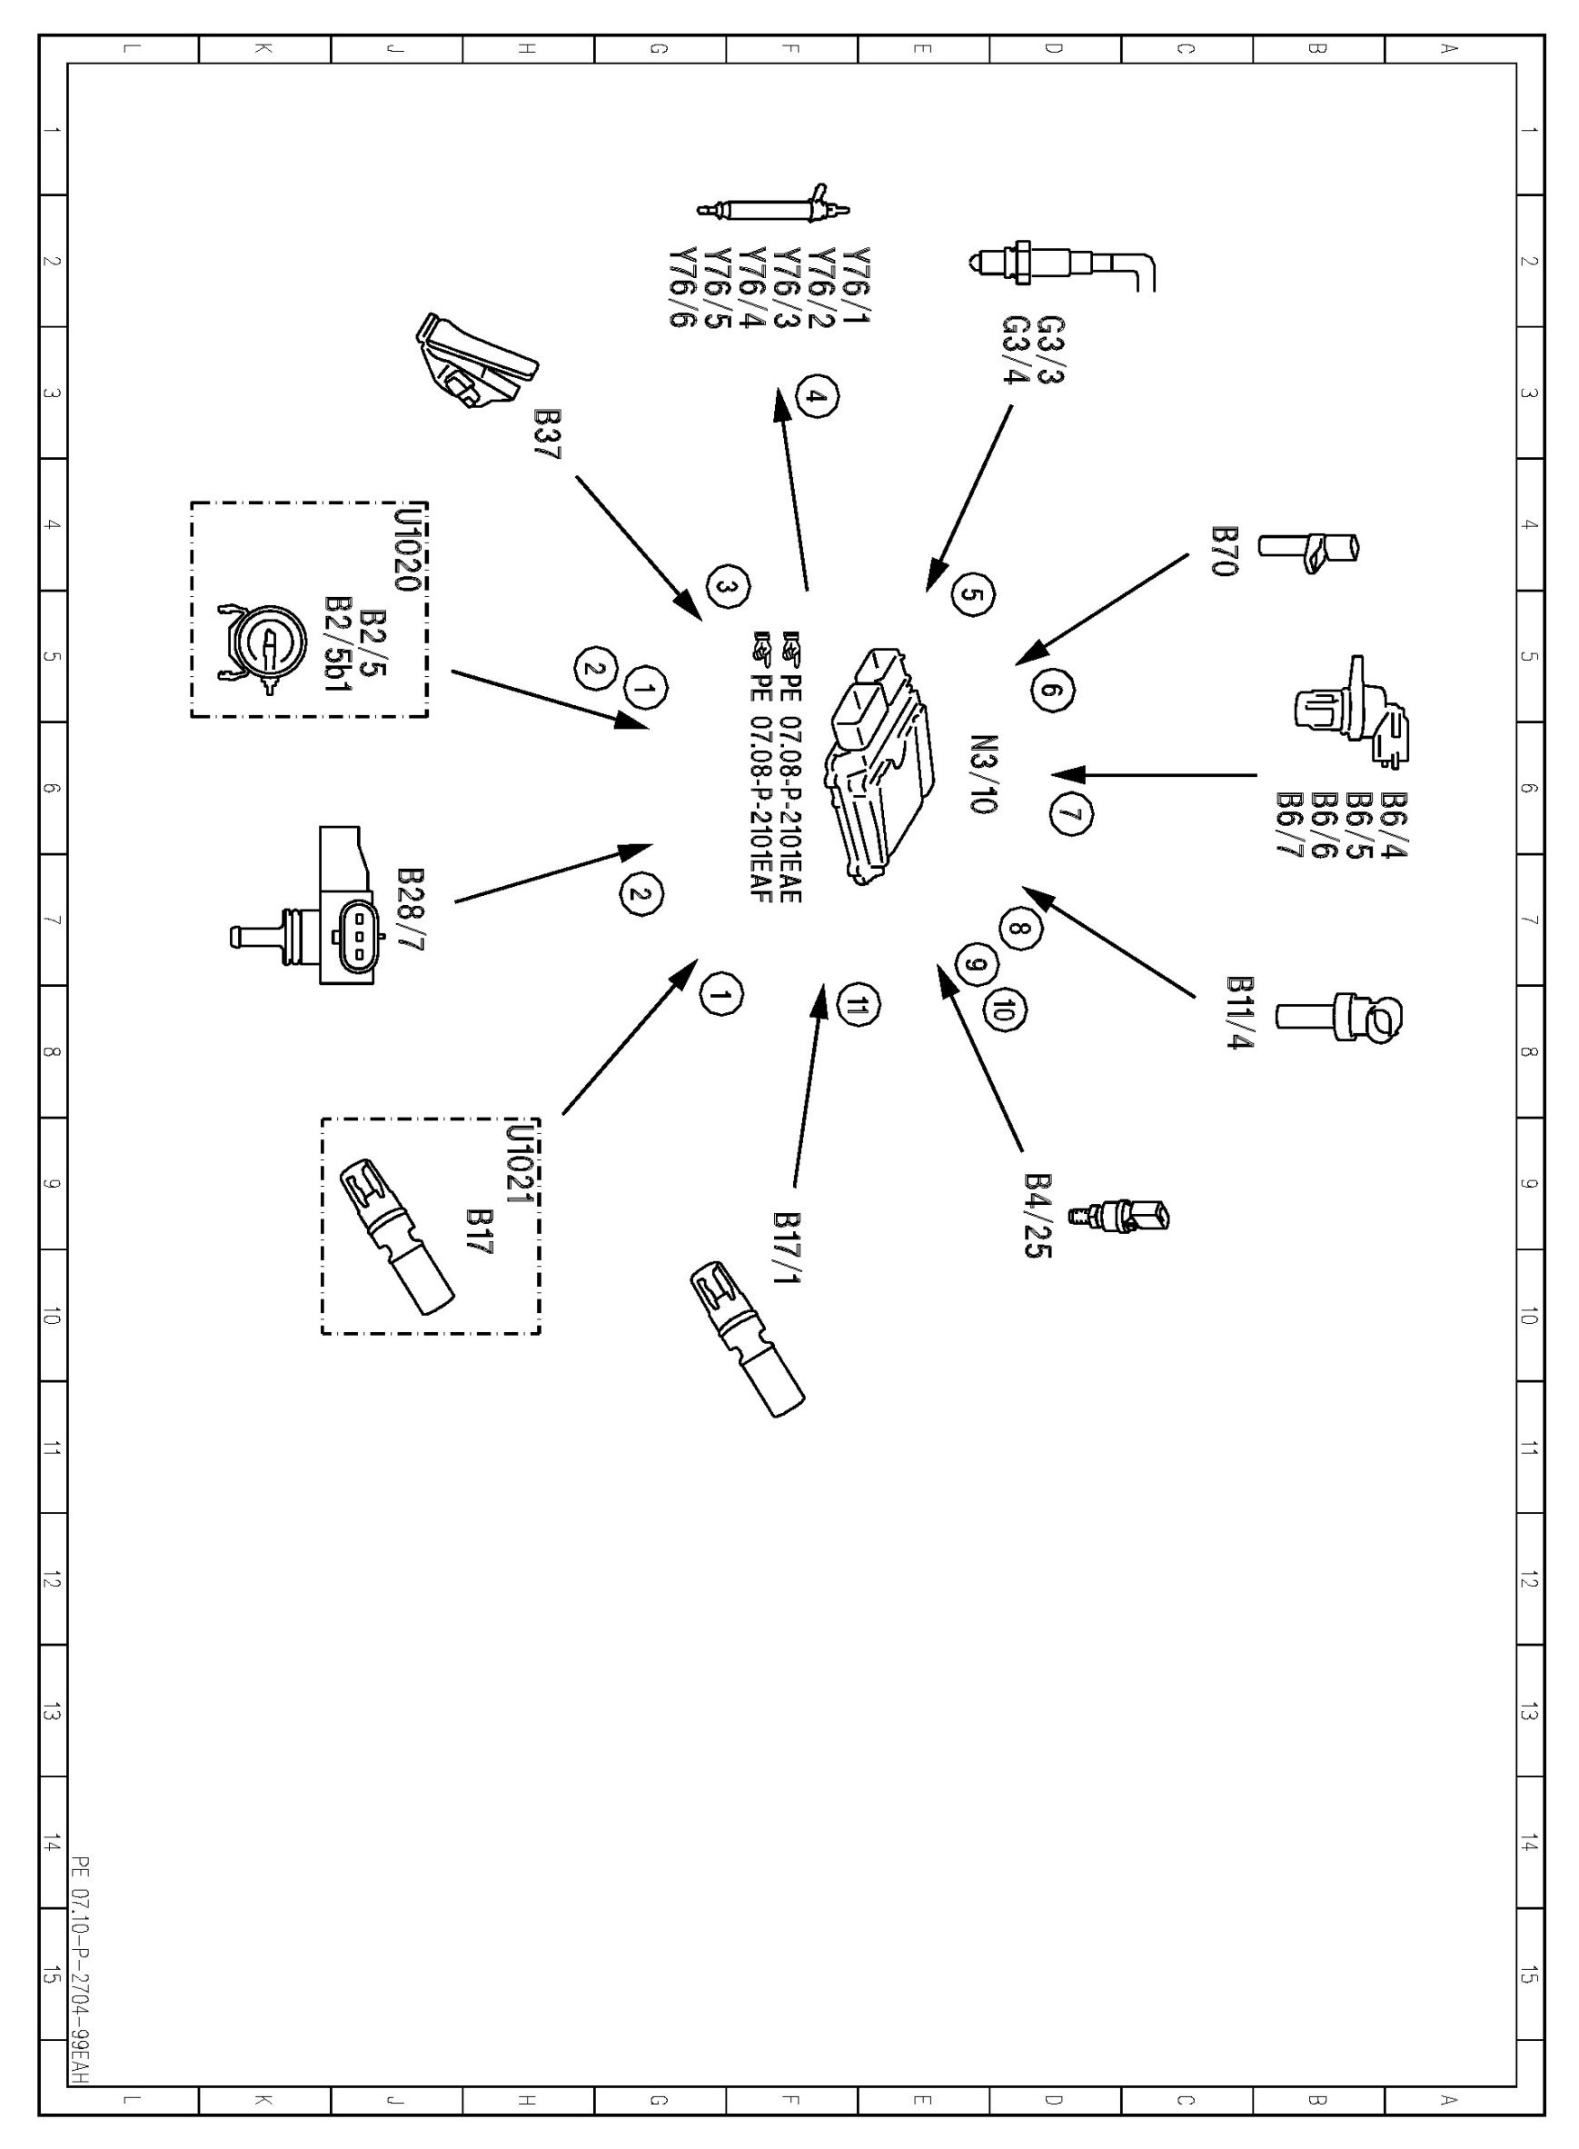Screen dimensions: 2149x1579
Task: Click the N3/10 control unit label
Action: (x=984, y=774)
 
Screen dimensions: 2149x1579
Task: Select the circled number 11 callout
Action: (x=858, y=1005)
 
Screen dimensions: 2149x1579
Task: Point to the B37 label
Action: (x=548, y=435)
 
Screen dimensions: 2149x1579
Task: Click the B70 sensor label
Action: (x=1225, y=551)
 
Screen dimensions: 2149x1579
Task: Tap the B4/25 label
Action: (x=1038, y=1216)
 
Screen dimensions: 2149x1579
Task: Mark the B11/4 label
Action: (x=1240, y=1012)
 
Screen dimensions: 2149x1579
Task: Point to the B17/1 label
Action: (x=788, y=1249)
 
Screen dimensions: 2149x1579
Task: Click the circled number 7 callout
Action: (x=1071, y=815)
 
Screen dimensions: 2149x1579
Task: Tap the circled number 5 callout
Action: (x=972, y=595)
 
